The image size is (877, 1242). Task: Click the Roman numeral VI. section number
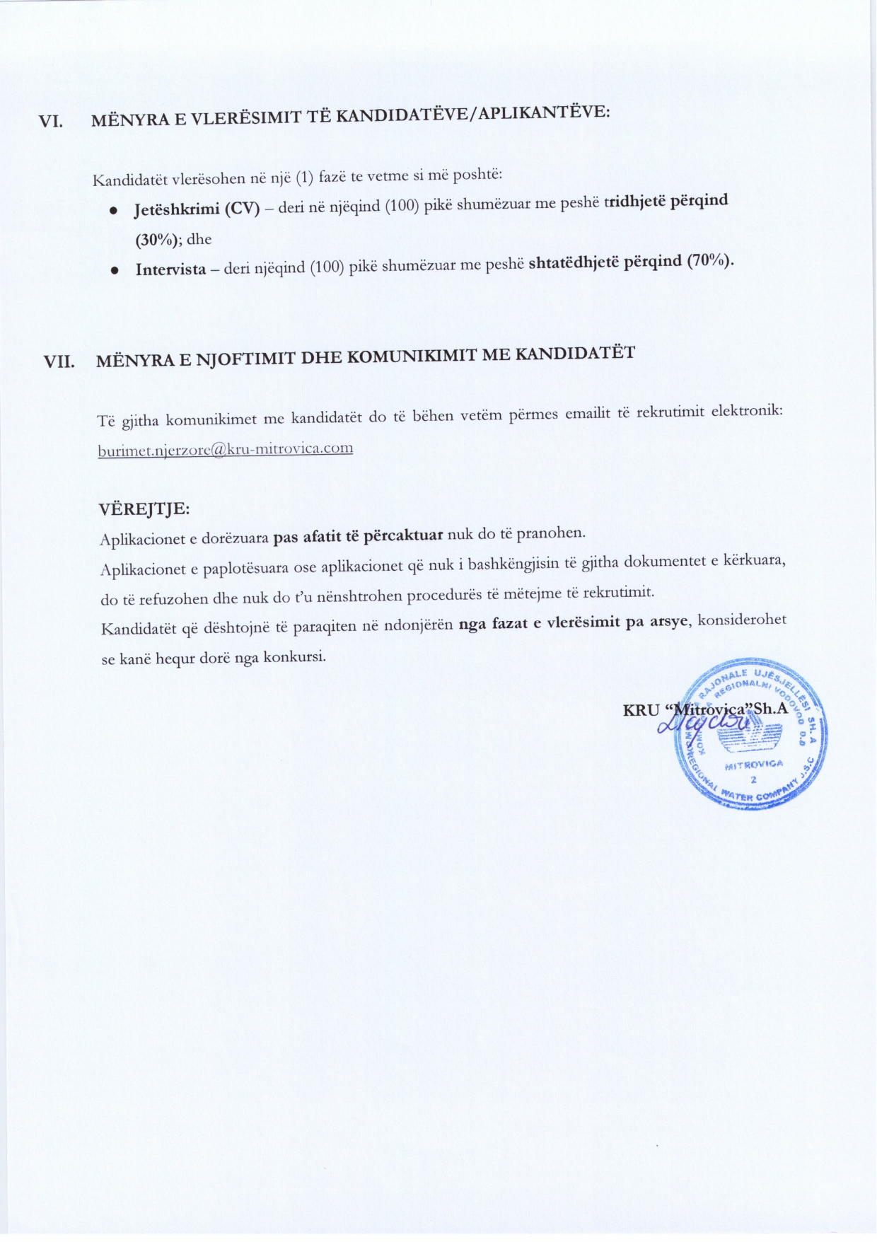50,121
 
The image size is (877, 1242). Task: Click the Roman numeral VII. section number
59,361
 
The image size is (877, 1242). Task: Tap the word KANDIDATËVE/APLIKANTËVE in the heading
472,114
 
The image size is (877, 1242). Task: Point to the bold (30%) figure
158,240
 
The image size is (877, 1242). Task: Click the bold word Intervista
170,269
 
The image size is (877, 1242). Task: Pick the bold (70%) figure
710,260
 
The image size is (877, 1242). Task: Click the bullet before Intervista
114,270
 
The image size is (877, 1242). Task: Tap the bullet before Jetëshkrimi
113,211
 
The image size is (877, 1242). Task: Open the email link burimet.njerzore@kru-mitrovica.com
225,449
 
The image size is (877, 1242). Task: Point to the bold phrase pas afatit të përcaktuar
358,536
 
